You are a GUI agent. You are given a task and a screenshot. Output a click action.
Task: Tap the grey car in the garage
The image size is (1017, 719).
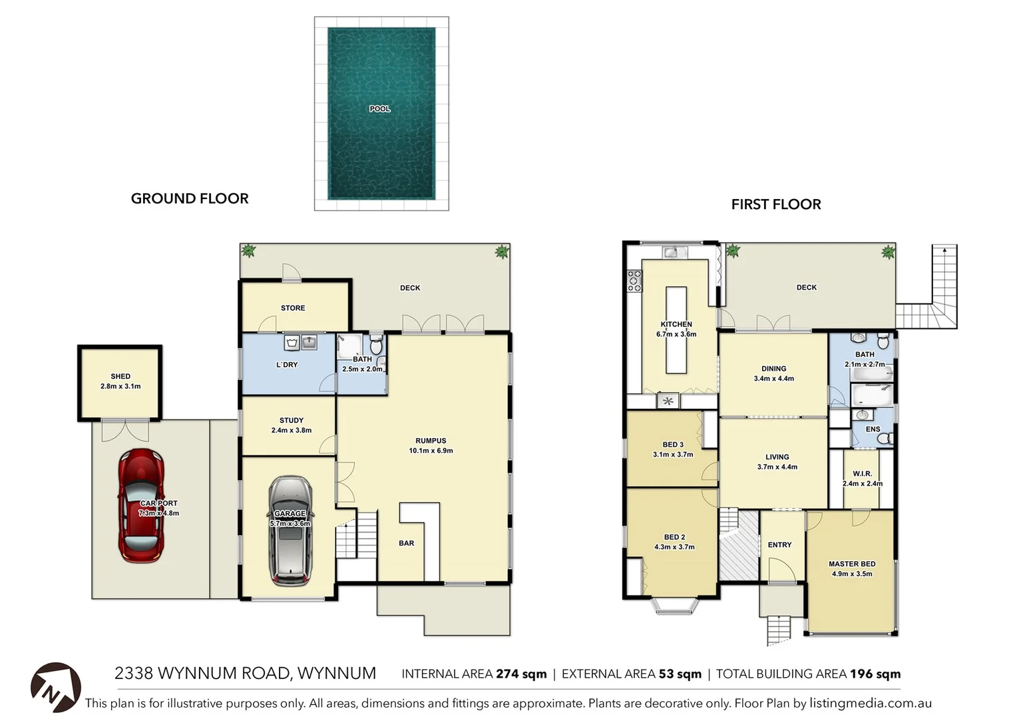click(x=290, y=531)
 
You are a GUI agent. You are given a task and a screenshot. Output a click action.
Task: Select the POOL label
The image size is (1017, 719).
click(x=380, y=109)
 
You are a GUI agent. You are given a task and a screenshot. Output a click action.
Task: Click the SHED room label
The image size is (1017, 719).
click(x=120, y=376)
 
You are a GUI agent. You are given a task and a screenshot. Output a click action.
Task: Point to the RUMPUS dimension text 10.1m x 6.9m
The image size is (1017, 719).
click(x=431, y=451)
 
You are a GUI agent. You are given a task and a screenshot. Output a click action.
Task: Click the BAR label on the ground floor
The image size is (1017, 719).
click(x=406, y=543)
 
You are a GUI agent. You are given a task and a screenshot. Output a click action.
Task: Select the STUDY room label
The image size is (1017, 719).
click(x=292, y=420)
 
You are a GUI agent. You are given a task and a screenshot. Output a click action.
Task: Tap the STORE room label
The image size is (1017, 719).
click(x=293, y=308)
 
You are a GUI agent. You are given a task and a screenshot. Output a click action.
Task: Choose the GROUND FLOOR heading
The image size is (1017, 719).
click(x=190, y=198)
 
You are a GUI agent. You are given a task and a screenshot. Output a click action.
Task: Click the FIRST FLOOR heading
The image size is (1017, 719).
click(x=776, y=204)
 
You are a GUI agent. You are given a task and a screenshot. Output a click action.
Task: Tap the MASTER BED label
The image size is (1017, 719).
click(x=852, y=564)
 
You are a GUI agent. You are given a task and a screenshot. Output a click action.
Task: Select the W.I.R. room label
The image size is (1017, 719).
click(x=862, y=474)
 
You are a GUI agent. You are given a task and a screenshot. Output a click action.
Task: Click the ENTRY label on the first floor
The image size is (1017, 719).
click(x=779, y=545)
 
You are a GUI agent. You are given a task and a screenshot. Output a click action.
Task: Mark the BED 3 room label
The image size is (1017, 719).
click(x=673, y=445)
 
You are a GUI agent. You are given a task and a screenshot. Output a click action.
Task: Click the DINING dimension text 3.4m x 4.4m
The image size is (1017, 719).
click(x=773, y=379)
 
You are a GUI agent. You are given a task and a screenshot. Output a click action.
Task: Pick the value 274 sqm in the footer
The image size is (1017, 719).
click(x=521, y=674)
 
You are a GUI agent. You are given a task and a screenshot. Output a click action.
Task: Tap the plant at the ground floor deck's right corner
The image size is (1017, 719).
click(x=501, y=252)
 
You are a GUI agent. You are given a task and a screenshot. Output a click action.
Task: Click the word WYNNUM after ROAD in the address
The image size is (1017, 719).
click(x=337, y=674)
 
